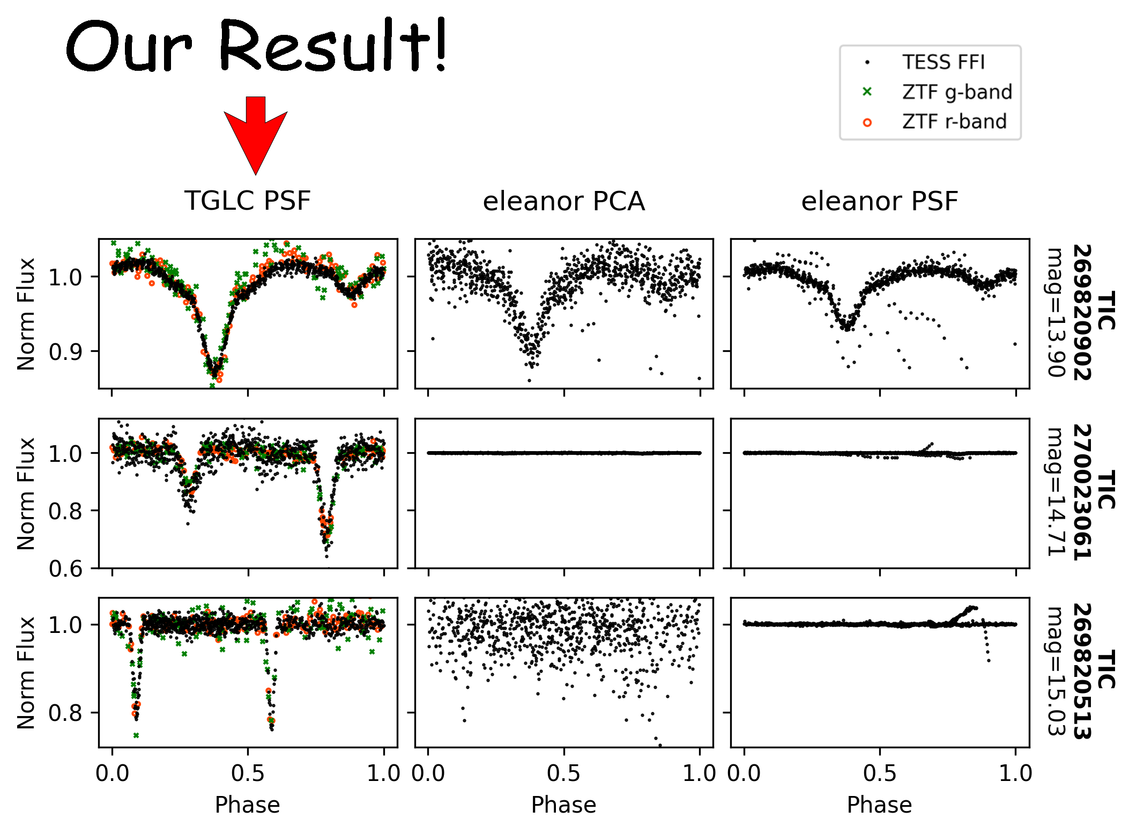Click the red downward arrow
click(256, 134)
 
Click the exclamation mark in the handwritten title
click(441, 46)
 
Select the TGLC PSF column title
click(248, 201)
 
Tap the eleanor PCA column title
click(563, 202)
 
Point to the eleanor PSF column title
click(879, 202)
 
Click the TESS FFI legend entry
click(943, 62)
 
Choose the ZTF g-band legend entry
click(956, 92)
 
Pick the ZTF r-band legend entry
click(954, 122)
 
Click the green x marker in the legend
click(867, 92)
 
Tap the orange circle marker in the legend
click(867, 123)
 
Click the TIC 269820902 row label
click(1094, 312)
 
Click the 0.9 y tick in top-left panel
click(65, 352)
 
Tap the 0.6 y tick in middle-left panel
click(65, 569)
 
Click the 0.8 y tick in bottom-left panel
click(65, 713)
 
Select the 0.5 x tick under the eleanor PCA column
click(563, 773)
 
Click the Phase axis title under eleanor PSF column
click(879, 805)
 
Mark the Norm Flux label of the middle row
click(26, 493)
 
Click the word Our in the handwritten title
click(129, 48)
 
